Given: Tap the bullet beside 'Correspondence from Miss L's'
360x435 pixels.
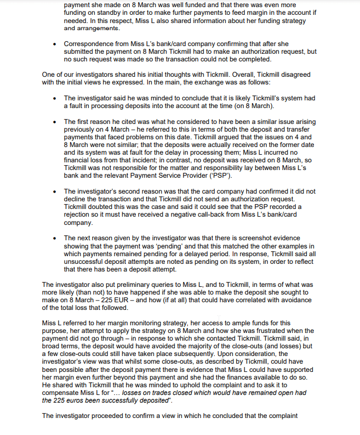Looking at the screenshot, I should (55, 43).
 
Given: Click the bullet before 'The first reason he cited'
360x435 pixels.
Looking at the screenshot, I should (55, 122).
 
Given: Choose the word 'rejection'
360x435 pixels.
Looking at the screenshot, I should (80, 214).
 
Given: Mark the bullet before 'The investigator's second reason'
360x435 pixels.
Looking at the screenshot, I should (55, 191).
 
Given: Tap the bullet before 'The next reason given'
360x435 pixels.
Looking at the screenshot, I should (55, 238).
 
